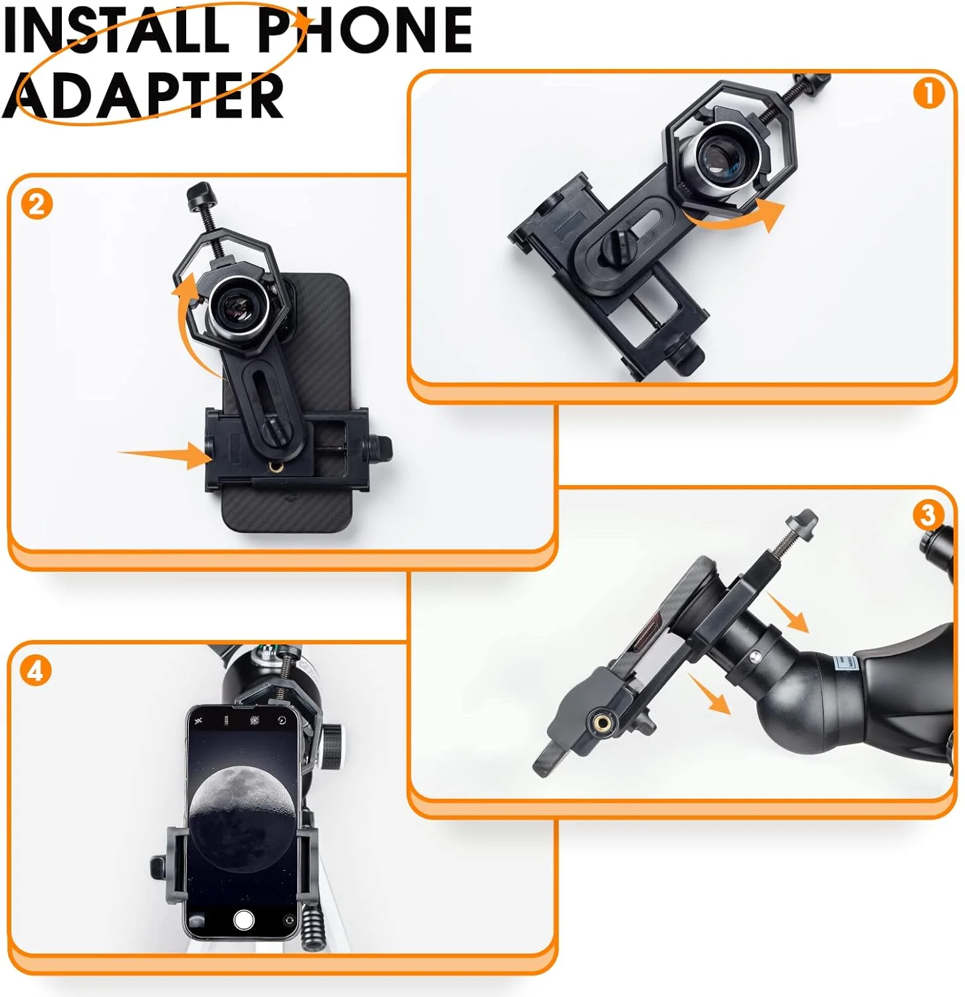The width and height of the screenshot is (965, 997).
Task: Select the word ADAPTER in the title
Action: point(143,96)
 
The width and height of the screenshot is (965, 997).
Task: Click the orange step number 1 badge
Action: point(928,94)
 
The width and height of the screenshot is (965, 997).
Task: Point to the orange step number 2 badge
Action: point(37,205)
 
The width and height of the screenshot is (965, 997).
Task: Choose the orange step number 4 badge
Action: point(35,671)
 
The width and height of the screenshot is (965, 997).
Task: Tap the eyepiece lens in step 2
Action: point(237,306)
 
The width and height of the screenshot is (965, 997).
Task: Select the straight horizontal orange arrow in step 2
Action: point(165,455)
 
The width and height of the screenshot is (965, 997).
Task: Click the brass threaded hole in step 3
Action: point(603,720)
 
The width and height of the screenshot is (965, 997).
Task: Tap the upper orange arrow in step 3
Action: point(789,612)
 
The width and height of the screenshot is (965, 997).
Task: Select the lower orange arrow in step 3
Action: point(710,694)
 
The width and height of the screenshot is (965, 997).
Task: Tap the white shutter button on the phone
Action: point(244,920)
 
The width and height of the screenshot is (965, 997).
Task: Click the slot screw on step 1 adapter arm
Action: point(612,250)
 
